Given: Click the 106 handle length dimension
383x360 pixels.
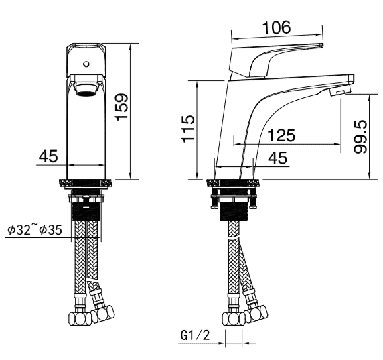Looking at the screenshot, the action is [x=277, y=27].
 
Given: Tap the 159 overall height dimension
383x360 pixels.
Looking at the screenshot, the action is [x=122, y=107].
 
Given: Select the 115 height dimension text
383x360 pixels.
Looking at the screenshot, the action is [x=188, y=128].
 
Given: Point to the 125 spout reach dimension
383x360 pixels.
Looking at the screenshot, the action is [x=281, y=135].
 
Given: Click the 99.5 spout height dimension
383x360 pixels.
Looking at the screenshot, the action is [x=360, y=137].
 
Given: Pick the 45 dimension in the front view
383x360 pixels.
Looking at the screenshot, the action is [x=48, y=156].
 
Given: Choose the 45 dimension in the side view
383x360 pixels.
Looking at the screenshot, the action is [x=277, y=158].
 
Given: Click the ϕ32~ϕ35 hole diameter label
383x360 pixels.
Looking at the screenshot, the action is [x=35, y=229].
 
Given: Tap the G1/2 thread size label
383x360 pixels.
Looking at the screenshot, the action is [x=196, y=335].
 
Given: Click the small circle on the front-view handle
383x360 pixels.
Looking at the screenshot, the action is [x=86, y=64].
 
